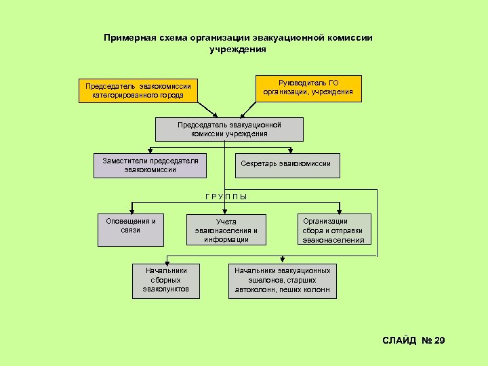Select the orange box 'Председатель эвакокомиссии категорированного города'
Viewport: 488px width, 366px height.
pyautogui.click(x=138, y=91)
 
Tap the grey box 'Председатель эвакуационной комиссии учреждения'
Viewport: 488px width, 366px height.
pyautogui.click(x=229, y=129)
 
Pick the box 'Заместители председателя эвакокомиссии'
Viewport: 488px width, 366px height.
pyautogui.click(x=150, y=165)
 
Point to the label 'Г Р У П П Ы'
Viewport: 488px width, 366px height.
pyautogui.click(x=226, y=197)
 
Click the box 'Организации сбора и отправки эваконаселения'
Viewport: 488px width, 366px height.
pyautogui.click(x=333, y=230)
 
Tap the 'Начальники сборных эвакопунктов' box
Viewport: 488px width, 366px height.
pyautogui.click(x=166, y=280)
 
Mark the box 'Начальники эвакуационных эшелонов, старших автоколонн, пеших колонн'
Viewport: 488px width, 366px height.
pyautogui.click(x=283, y=280)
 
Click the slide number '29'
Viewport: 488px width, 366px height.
pyautogui.click(x=439, y=340)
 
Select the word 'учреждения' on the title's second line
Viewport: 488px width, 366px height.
pyautogui.click(x=238, y=49)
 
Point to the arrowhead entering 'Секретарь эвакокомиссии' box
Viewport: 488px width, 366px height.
pyautogui.click(x=290, y=150)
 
